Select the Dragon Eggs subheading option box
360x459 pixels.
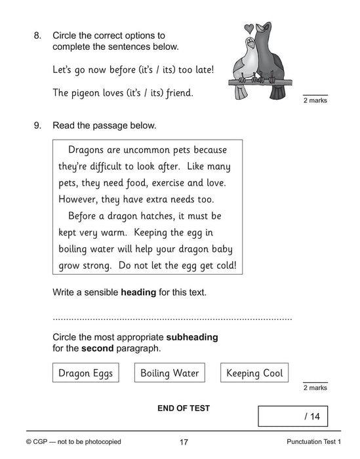pos(85,373)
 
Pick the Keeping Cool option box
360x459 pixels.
pos(254,373)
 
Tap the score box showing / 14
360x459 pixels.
pos(292,416)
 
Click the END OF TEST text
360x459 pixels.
pos(184,408)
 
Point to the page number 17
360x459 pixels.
pos(184,442)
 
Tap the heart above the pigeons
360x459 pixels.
pos(249,28)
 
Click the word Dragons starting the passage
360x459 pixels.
pos(89,149)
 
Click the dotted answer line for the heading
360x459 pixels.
pos(172,318)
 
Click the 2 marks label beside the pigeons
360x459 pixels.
pos(315,100)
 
